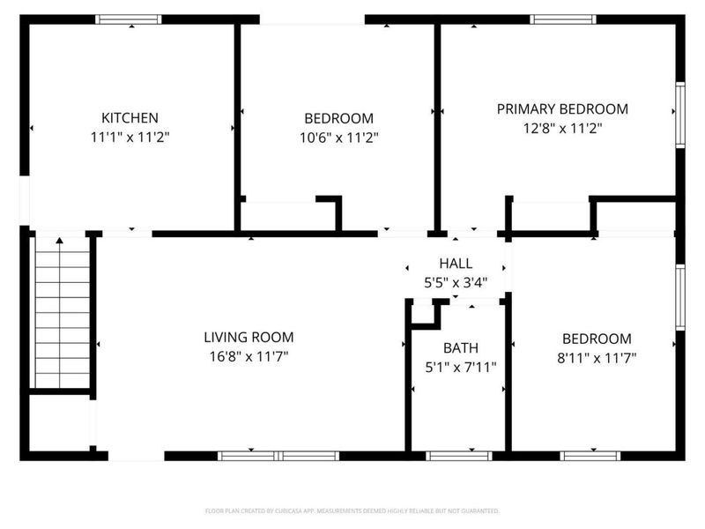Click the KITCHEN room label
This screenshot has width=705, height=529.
[x=130, y=117]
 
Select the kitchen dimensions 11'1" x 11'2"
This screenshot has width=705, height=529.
[x=130, y=137]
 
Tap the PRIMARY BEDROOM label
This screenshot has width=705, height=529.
[x=562, y=109]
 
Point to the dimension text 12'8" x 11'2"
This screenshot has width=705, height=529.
[x=562, y=128]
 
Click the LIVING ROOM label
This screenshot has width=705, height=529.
[x=249, y=337]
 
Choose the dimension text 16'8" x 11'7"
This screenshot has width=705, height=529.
[x=249, y=356]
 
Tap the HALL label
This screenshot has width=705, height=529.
[x=456, y=264]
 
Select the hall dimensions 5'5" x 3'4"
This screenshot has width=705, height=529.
[x=456, y=283]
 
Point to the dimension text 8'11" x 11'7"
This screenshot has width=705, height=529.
[x=597, y=357]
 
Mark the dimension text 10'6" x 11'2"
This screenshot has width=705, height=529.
[x=338, y=137]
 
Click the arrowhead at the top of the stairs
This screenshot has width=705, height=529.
[x=60, y=239]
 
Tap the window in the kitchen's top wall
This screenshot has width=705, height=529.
[x=129, y=19]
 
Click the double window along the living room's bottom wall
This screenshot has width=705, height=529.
[x=278, y=456]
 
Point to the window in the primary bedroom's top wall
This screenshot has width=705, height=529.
[x=563, y=19]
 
